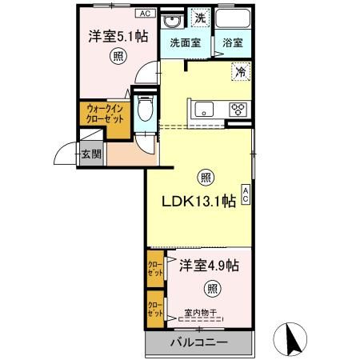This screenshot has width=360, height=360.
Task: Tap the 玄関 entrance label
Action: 90,154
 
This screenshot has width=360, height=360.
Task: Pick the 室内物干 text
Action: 200,314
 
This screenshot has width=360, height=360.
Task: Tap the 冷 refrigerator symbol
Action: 240,72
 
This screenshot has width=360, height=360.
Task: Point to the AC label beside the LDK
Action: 245,192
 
